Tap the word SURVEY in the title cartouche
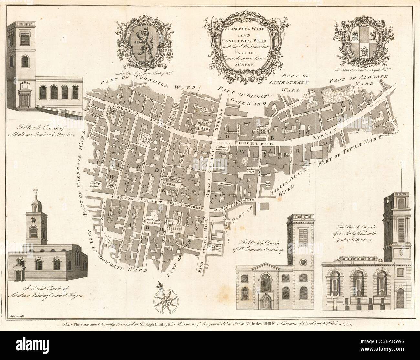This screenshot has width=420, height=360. click(238, 64)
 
